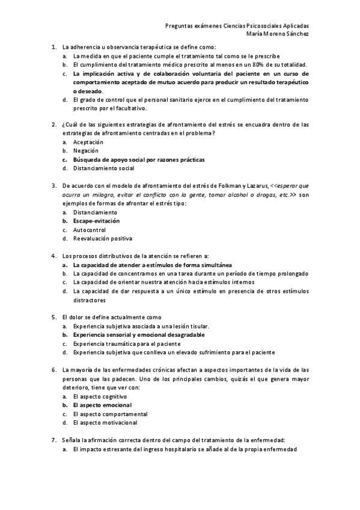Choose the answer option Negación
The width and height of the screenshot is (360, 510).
pyautogui.click(x=85, y=151)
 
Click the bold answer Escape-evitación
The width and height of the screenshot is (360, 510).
pyautogui.click(x=96, y=221)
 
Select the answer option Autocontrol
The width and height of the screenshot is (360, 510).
pyautogui.click(x=90, y=230)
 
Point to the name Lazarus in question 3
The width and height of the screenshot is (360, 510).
pyautogui.click(x=255, y=186)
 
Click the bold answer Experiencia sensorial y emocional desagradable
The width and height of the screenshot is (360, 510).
pyautogui.click(x=139, y=334)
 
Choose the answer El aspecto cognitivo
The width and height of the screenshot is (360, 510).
pyautogui.click(x=100, y=397)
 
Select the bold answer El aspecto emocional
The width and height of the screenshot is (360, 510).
pyautogui.click(x=102, y=405)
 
